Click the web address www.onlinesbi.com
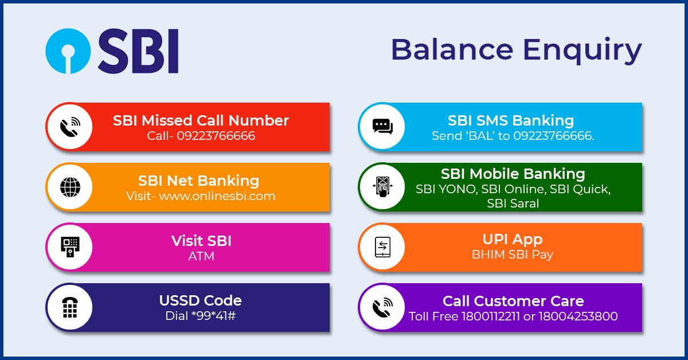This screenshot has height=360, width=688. click(217, 196)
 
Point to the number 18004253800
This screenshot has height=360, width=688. click(578, 316)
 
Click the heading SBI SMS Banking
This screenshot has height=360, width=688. click(511, 120)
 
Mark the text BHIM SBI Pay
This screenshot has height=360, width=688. click(512, 255)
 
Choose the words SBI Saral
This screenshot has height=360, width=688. click(513, 203)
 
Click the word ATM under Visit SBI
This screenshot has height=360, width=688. click(201, 256)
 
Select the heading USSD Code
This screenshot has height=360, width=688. click(200, 300)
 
